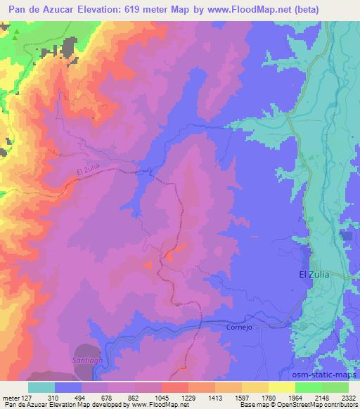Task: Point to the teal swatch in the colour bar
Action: (x=41, y=387)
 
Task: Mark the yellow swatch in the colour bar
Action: (x=281, y=387)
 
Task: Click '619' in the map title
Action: (x=143, y=8)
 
